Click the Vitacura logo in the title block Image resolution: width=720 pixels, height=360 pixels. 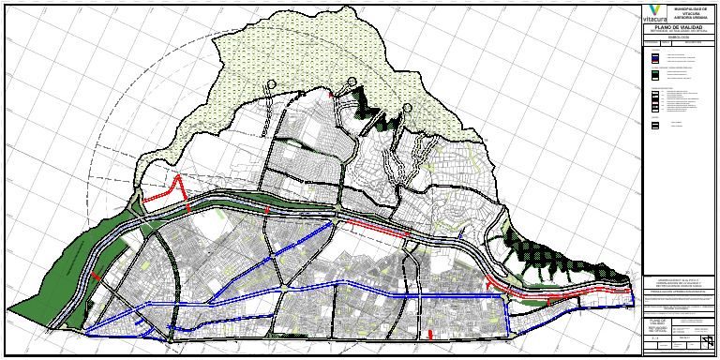pos(653,13)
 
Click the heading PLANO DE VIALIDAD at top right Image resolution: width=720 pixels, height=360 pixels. pos(678,29)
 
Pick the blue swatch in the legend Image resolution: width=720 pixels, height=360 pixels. pos(654,57)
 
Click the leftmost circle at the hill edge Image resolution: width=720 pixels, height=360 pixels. pos(272,84)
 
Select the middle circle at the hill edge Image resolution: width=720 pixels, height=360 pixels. pos(352,81)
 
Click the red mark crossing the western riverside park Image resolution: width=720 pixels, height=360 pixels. pos(97,277)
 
